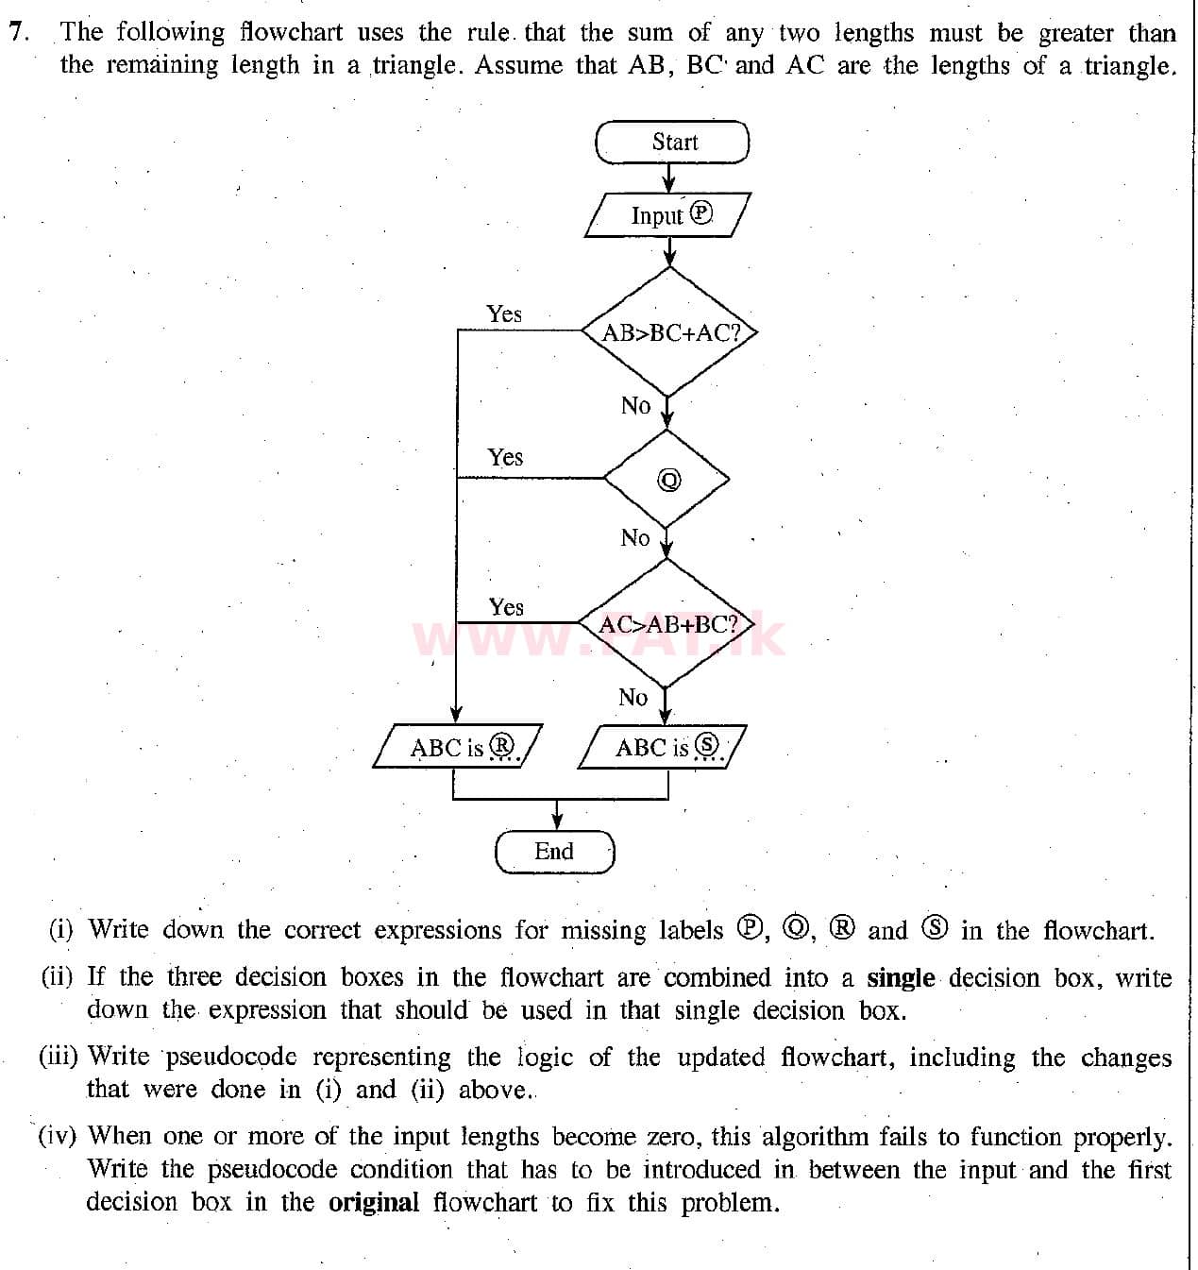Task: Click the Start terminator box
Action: click(672, 143)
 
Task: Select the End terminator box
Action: click(554, 852)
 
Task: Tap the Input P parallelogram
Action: click(669, 215)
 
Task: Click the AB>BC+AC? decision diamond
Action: click(669, 332)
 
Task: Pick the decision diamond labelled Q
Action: click(668, 479)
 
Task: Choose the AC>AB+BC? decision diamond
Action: click(667, 624)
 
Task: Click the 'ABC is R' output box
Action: click(458, 748)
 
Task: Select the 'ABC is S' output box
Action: click(663, 748)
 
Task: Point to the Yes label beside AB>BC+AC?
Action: click(504, 314)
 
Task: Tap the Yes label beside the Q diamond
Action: click(505, 458)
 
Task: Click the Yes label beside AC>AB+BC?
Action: click(506, 607)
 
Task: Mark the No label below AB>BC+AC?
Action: click(635, 406)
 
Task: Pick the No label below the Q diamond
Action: click(635, 538)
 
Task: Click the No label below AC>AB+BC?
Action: click(633, 698)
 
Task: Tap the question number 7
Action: click(16, 32)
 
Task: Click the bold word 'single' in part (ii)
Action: click(900, 978)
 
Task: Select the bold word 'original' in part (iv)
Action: click(373, 1203)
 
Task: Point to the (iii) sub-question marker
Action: click(58, 1058)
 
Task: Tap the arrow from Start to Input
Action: click(669, 178)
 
